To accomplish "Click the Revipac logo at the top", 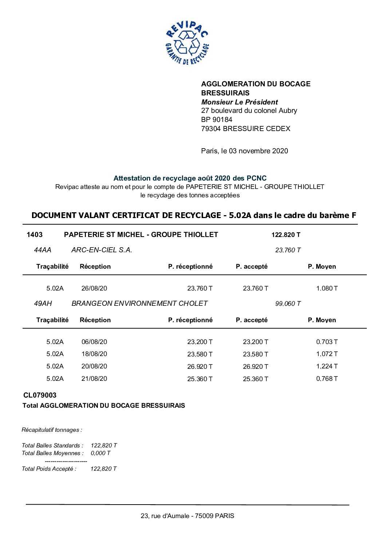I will tap(187, 43).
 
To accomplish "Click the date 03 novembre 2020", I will tap(258, 151).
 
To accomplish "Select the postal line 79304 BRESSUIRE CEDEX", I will tap(246, 129).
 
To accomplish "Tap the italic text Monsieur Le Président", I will tap(239, 102).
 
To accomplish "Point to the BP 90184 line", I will tap(217, 119).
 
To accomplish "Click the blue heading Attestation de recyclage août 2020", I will tap(190, 178).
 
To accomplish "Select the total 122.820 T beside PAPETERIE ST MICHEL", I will tap(286, 235).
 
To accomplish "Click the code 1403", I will tap(35, 235).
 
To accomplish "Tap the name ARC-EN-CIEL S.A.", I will tap(102, 250).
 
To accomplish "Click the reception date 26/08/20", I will tap(94, 288).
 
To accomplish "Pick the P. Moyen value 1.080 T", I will tap(327, 288).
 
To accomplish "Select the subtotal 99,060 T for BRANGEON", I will tap(288, 304).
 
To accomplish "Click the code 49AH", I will tap(43, 304).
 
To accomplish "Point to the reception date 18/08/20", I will tap(94, 354).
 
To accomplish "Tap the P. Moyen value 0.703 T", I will tap(327, 342).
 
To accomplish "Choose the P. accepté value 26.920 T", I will tap(255, 367).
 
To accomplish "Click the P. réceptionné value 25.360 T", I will tap(200, 379).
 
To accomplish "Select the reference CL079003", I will tap(40, 395).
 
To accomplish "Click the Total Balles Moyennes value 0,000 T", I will tap(100, 453).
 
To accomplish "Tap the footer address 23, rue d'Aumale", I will tap(187, 516).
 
